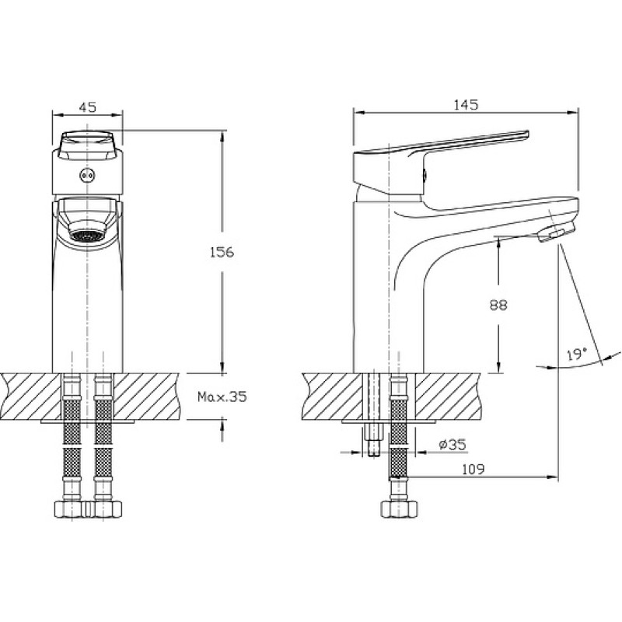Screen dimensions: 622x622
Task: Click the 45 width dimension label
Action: (88, 107)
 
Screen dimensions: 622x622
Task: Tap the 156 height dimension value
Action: (222, 252)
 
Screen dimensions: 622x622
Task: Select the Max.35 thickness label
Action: (222, 397)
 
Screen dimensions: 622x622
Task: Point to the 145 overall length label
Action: (466, 105)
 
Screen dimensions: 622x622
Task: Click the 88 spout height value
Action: (498, 305)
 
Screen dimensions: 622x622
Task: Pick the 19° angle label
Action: (577, 355)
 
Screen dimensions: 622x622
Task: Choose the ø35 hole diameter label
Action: (453, 444)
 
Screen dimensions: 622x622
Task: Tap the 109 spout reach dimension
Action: (473, 470)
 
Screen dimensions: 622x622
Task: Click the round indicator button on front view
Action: (87, 175)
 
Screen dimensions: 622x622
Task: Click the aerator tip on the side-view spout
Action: (556, 232)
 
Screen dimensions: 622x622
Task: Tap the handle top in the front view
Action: (87, 145)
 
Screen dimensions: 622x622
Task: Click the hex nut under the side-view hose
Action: (399, 509)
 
